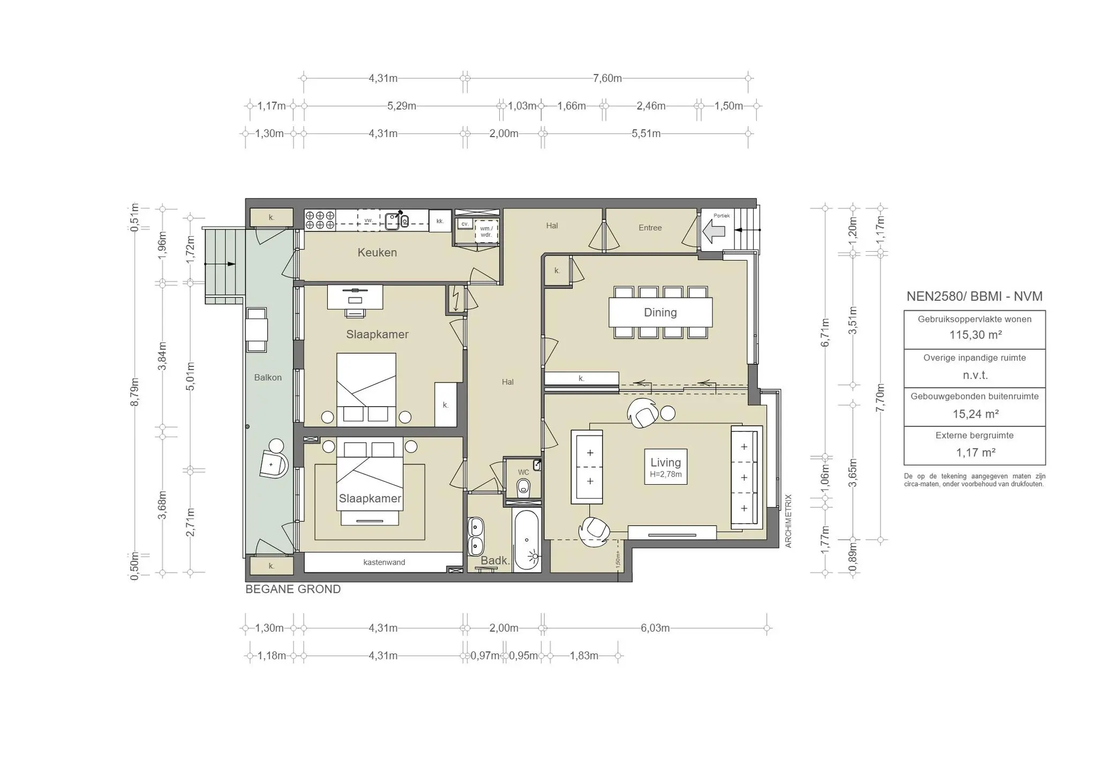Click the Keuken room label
(377, 252)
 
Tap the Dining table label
(660, 312)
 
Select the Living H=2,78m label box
(665, 466)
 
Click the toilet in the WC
(523, 487)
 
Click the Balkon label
(268, 378)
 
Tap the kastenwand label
(384, 562)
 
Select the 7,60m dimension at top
(607, 78)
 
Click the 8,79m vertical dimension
(135, 392)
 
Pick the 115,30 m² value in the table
(975, 335)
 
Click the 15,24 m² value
(975, 413)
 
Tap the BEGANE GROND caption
(293, 589)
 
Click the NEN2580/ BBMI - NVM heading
(974, 296)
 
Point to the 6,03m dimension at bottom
(655, 628)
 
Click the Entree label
(650, 228)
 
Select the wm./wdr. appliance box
(486, 231)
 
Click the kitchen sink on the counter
(392, 221)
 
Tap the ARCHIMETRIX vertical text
(788, 521)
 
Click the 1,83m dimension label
(583, 656)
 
